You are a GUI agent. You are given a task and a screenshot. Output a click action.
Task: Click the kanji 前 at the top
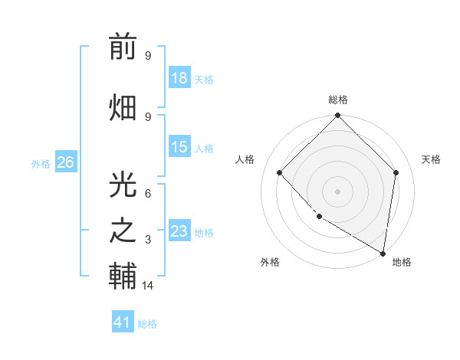pos(123,48)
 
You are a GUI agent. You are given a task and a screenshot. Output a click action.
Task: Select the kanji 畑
pos(123,107)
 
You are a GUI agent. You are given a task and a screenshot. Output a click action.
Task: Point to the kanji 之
pos(123,231)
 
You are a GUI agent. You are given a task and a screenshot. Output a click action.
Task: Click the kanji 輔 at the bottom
pos(123,277)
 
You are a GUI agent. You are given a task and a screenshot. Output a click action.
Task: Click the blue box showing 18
pos(179,77)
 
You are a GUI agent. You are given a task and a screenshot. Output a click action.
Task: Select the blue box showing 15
pos(179,147)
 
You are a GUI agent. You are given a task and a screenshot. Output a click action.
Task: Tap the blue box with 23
pos(179,231)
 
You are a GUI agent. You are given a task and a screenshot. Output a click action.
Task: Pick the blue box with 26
pos(65,162)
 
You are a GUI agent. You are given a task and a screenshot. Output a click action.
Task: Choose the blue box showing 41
pos(123,322)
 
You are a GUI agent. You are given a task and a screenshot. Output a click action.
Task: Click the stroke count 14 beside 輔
pos(149,286)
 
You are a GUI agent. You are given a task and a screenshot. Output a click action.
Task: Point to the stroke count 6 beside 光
pos(148,194)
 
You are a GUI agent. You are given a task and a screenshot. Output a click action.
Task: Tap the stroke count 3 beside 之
pos(148,240)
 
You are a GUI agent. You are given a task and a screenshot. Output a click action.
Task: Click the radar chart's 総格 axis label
pos(338,100)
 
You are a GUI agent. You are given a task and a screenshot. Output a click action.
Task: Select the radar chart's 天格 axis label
pos(431,159)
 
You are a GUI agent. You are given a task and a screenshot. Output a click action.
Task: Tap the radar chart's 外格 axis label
pos(270,262)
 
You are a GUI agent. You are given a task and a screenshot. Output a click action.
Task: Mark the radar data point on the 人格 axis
pos(280,172)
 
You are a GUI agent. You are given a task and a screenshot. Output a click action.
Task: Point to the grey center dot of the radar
pos(338,191)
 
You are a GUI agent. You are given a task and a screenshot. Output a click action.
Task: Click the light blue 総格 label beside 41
pos(147,324)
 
